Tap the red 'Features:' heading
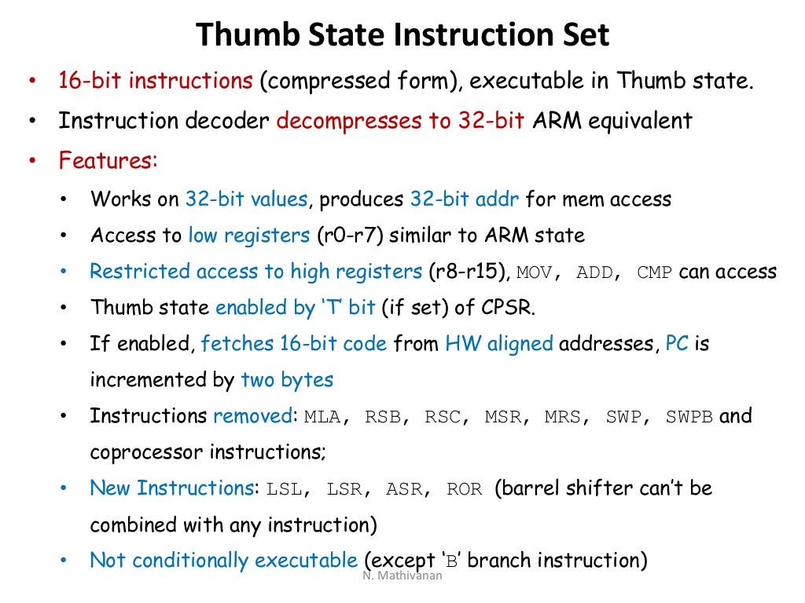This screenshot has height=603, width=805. pyautogui.click(x=108, y=161)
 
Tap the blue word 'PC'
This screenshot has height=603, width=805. pyautogui.click(x=677, y=344)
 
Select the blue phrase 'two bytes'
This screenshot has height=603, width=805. pyautogui.click(x=287, y=380)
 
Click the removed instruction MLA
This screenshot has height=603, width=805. pyautogui.click(x=322, y=417)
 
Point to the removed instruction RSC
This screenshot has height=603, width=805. pyautogui.click(x=443, y=417)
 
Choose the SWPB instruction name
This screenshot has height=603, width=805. pyautogui.click(x=689, y=417)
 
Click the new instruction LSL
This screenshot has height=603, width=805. pyautogui.click(x=285, y=489)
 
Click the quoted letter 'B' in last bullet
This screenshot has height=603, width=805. pyautogui.click(x=450, y=561)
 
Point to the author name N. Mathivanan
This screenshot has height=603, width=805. pyautogui.click(x=402, y=576)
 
